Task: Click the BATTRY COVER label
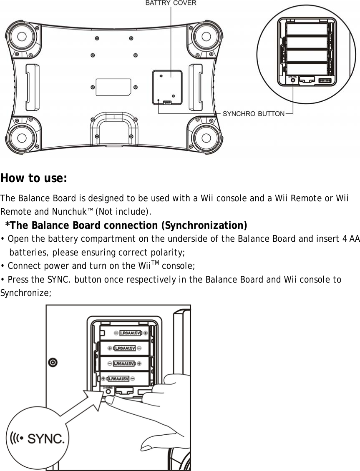[171, 3]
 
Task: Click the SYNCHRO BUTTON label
[254, 113]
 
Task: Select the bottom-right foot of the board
[205, 135]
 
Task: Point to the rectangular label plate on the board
[113, 87]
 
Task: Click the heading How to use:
[34, 178]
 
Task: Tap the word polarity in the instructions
[167, 253]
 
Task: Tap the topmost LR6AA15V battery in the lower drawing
[130, 333]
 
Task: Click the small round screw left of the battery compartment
[53, 363]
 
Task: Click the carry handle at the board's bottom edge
[114, 125]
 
